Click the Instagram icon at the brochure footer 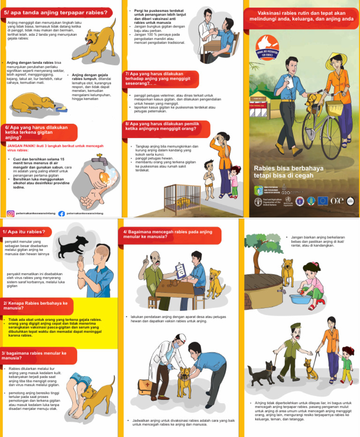tap(10, 213)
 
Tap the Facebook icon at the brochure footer tap(62, 213)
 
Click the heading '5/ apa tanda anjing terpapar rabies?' tap(55, 12)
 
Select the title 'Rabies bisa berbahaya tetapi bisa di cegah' tap(284, 172)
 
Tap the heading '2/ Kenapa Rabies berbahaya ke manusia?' tap(35, 306)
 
